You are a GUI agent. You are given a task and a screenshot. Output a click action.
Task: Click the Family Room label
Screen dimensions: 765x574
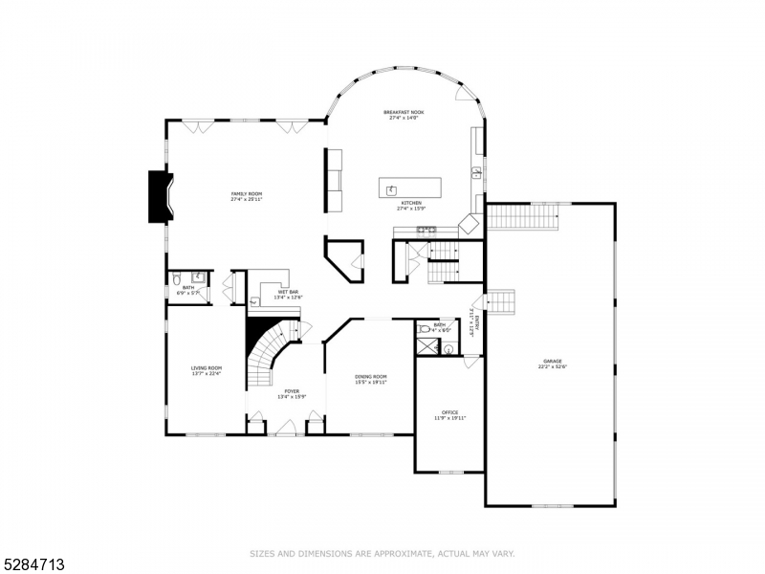pos(246,194)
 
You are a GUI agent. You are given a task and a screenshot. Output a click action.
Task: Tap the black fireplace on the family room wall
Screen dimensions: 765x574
pos(158,197)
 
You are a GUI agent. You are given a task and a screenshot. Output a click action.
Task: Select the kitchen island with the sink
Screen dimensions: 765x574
pos(410,188)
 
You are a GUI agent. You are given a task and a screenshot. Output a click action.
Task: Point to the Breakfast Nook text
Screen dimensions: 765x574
pos(404,112)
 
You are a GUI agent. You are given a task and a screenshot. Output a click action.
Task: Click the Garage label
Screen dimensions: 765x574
pos(552,361)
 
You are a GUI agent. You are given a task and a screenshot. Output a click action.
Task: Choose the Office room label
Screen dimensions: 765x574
pos(449,412)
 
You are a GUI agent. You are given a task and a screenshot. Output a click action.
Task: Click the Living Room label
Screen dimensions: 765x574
pos(207,367)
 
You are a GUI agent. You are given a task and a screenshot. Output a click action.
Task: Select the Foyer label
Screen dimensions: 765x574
pos(291,391)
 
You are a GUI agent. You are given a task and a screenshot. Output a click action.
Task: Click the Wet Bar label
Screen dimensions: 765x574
pos(289,292)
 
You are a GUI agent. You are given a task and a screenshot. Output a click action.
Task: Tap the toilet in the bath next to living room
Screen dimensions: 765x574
pos(177,279)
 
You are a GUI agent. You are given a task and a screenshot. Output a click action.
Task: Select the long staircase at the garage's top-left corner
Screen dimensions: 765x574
pos(523,216)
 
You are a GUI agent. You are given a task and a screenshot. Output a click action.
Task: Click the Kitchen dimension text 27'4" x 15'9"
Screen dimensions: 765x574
pos(411,210)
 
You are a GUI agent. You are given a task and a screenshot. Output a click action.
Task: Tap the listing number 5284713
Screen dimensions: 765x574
pos(34,564)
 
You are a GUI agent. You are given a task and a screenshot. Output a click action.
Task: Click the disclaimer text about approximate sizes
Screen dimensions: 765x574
pos(382,553)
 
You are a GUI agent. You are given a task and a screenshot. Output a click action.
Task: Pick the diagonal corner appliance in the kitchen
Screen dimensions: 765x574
pos(470,226)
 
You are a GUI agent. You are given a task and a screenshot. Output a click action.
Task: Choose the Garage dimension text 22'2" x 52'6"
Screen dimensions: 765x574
pos(552,366)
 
